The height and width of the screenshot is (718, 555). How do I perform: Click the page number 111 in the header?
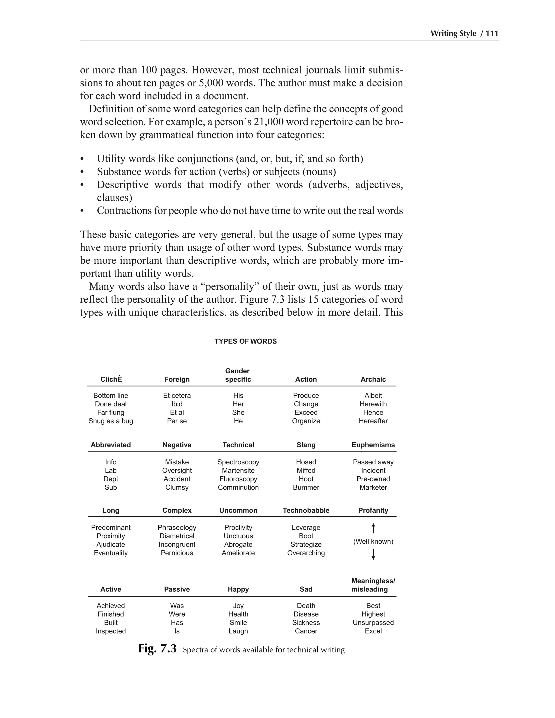tap(492, 34)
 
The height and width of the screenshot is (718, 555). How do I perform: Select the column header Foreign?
tap(177, 379)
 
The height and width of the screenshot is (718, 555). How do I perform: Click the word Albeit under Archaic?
tap(373, 396)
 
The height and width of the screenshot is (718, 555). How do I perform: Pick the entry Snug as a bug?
tap(111, 421)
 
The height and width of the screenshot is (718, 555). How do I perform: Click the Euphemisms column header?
tap(373, 445)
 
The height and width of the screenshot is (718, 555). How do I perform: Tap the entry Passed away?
tap(373, 462)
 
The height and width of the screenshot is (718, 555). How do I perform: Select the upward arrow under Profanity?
tap(373, 528)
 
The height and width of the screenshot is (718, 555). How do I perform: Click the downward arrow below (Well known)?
tap(373, 555)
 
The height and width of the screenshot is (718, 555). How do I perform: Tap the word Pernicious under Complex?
tap(177, 553)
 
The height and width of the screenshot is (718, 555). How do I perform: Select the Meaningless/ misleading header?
tap(373, 585)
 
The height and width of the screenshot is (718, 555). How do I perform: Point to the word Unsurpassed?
tap(373, 623)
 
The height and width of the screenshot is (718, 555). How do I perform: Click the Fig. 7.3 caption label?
tap(157, 649)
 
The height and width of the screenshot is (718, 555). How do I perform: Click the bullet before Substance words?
tap(82, 172)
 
